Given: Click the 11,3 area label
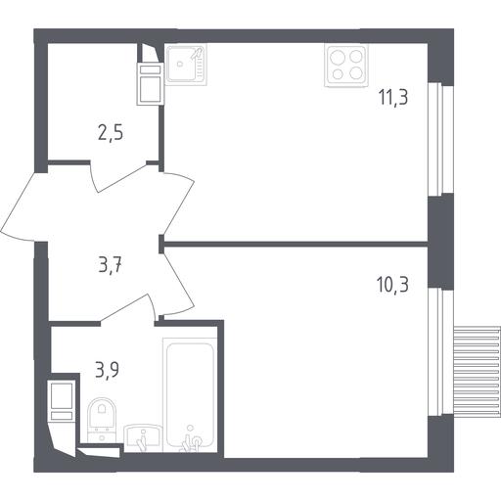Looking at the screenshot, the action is click(393, 97).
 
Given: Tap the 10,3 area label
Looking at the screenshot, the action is click(392, 285).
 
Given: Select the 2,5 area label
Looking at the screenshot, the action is click(111, 133).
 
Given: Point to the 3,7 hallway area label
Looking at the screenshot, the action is click(110, 266).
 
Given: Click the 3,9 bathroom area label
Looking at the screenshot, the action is click(108, 370).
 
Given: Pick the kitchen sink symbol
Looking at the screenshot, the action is click(186, 65).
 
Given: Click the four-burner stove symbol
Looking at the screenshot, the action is click(346, 66).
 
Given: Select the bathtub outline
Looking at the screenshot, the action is click(190, 394).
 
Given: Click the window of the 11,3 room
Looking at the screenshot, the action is click(440, 140).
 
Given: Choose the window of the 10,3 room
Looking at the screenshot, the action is click(440, 352).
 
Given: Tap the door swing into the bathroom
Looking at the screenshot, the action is click(128, 308).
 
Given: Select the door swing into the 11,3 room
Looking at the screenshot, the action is click(179, 204).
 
